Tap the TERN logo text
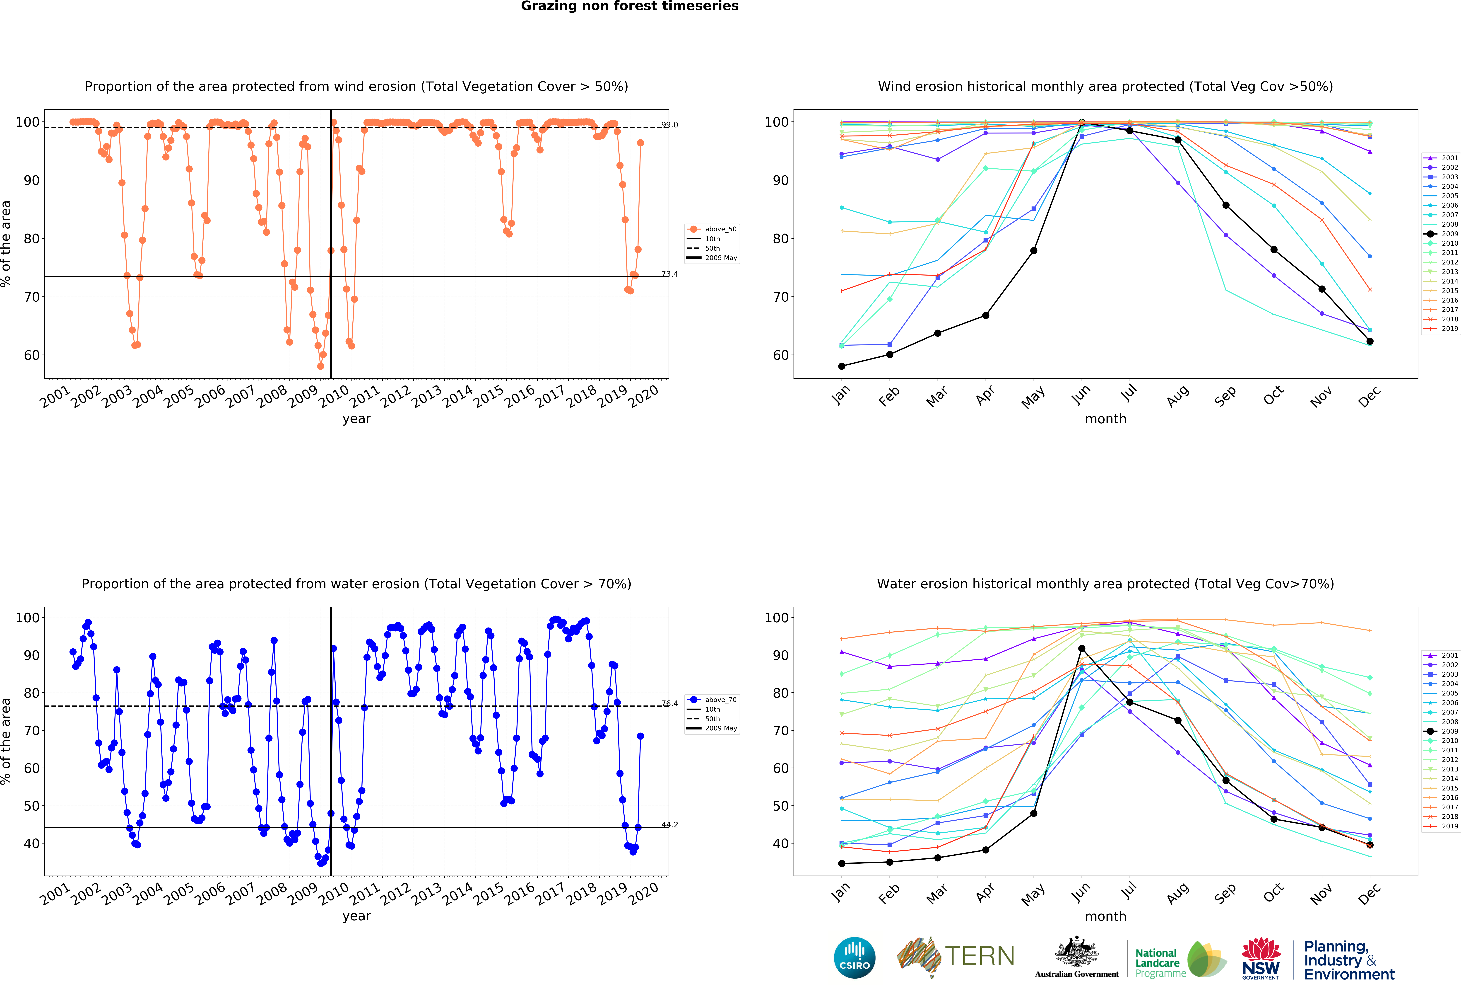(x=980, y=956)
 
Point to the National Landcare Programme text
(x=1160, y=963)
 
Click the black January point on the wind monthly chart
(x=842, y=366)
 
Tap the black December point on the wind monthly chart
(x=1370, y=341)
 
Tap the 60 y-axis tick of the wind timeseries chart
(x=31, y=355)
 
